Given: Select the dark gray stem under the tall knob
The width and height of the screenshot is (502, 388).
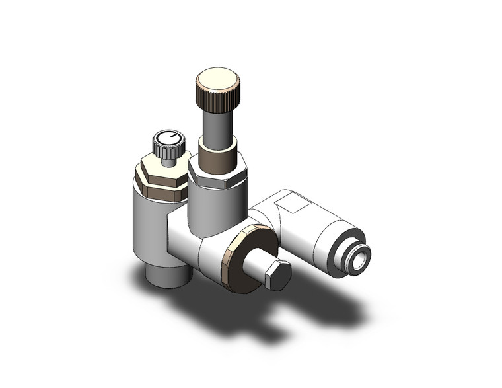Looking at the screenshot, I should point(216,128).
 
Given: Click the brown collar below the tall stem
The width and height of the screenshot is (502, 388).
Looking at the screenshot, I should point(219,159).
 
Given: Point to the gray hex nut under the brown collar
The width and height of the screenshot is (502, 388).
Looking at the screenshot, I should point(217,177).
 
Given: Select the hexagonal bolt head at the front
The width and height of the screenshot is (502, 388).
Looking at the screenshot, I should point(277,274).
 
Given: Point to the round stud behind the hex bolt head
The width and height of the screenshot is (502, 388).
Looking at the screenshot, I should point(255,264).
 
